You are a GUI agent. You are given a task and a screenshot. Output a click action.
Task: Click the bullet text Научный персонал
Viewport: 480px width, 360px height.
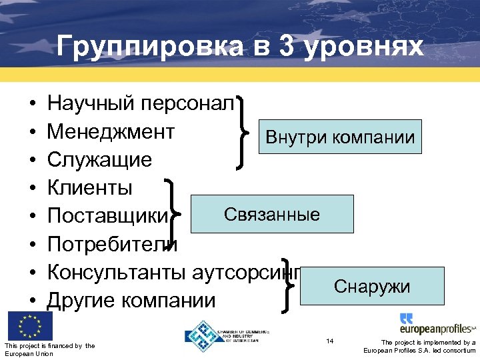tap(141, 103)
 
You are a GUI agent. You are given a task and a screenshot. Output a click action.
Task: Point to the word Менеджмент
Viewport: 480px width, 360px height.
tap(111, 131)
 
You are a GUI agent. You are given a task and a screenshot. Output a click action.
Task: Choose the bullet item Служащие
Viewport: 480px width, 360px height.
tap(99, 160)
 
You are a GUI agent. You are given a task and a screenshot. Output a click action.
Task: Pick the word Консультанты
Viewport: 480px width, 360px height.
tap(117, 273)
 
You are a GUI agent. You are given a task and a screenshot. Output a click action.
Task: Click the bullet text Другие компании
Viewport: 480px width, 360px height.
tap(131, 301)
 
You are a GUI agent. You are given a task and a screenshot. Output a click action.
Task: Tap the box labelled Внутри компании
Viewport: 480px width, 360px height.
tap(340, 137)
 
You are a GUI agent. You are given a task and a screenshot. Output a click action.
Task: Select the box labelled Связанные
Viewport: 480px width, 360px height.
tap(272, 214)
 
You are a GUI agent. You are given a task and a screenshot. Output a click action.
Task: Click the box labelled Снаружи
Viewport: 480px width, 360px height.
tap(372, 286)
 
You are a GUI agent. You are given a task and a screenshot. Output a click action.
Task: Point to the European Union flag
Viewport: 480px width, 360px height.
tap(29, 326)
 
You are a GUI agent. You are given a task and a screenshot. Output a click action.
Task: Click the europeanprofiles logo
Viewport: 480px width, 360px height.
tap(437, 325)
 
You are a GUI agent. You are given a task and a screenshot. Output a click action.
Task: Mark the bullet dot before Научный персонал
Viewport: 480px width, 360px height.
tap(32, 104)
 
